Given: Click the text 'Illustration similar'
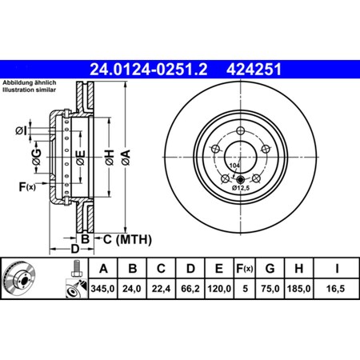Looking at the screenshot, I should click(29, 90).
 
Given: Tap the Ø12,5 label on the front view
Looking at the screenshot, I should click(240, 189).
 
